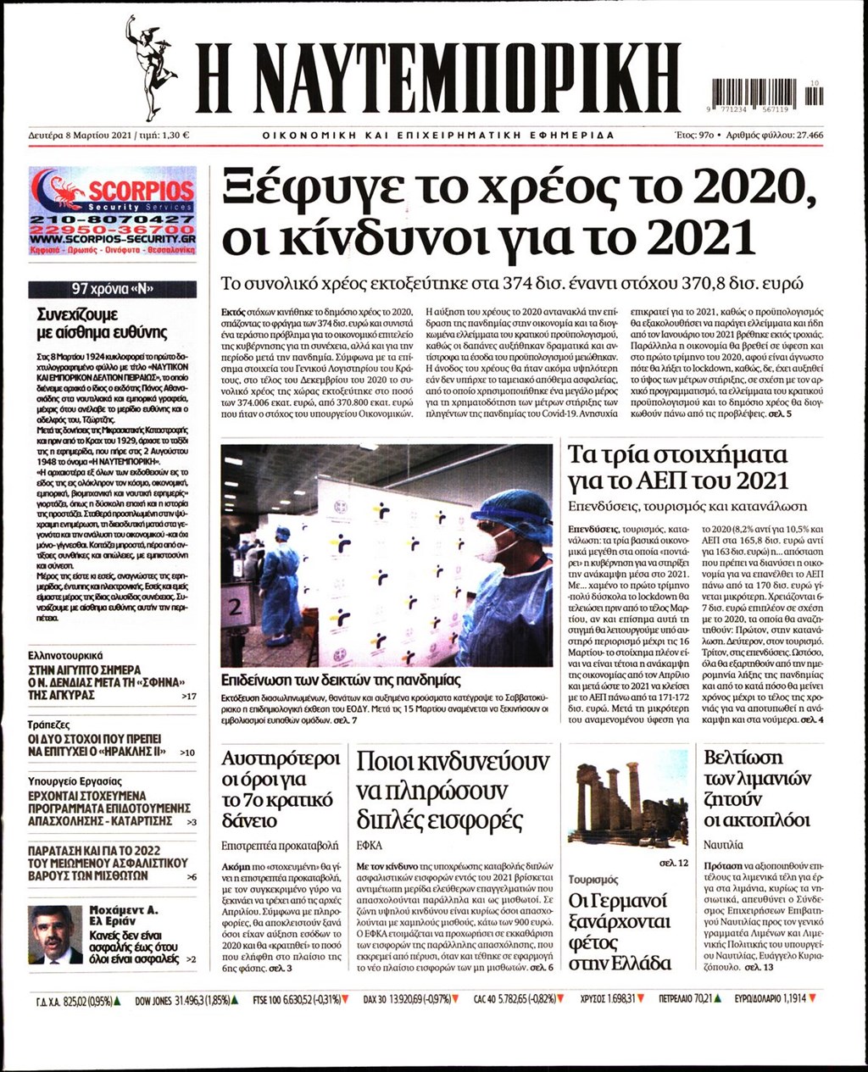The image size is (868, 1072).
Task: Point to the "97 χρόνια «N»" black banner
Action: click(x=113, y=289)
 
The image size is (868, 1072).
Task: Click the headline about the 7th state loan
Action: click(x=280, y=789)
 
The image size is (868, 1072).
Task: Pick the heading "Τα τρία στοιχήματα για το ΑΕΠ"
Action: click(x=677, y=467)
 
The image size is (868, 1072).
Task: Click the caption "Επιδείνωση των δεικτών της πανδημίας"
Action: click(x=341, y=679)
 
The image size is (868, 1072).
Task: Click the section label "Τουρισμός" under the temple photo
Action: click(x=593, y=880)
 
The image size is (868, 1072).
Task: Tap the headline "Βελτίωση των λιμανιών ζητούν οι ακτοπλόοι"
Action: click(x=757, y=789)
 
